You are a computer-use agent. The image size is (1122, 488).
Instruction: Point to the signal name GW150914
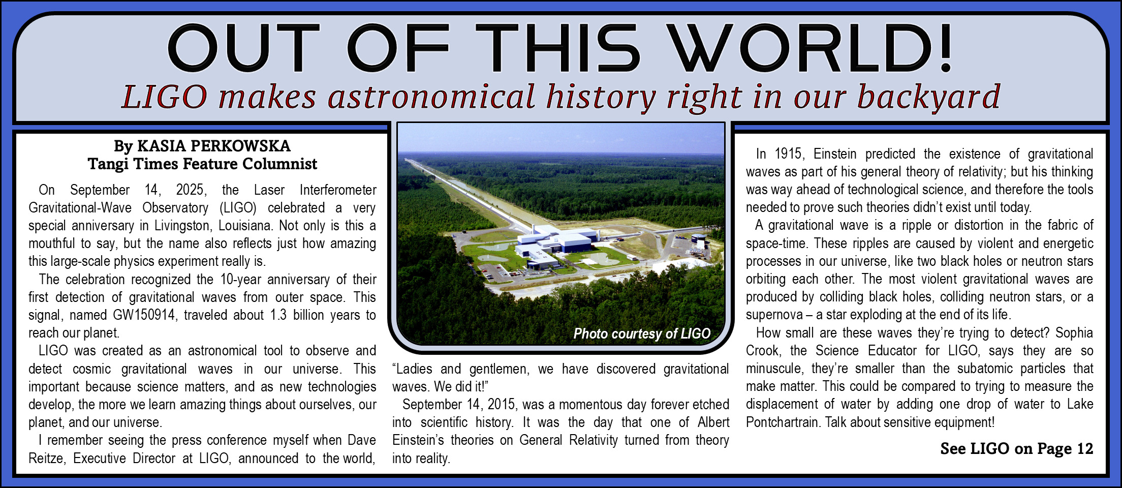pos(144,315)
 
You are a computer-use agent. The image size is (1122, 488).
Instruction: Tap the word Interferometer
pos(338,190)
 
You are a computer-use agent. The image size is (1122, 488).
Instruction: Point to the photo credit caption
pos(642,333)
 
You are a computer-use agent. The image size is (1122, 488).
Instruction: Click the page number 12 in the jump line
pos(1084,448)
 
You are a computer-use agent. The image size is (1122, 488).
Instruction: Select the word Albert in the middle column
pos(713,422)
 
